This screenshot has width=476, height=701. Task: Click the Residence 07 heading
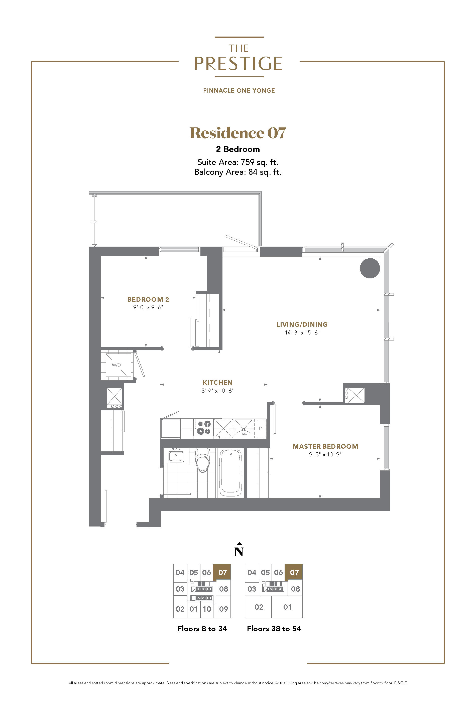click(238, 133)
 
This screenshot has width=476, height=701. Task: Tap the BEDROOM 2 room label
click(148, 299)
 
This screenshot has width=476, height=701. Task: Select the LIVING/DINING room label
click(302, 324)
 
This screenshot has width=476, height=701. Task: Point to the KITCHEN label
click(217, 383)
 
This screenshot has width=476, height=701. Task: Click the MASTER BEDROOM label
click(325, 446)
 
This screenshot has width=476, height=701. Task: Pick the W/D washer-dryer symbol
click(116, 365)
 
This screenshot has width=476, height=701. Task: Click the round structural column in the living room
click(370, 268)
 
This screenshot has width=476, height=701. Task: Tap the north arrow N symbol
click(239, 549)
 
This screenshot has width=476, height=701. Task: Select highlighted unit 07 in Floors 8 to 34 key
click(222, 572)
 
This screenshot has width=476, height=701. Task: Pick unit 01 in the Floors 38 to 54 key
click(287, 607)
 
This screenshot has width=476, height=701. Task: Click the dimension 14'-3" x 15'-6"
click(302, 332)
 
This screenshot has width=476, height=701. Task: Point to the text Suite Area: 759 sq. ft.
click(238, 162)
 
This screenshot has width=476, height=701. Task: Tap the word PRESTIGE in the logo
click(238, 63)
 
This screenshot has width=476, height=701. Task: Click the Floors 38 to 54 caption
click(274, 628)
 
